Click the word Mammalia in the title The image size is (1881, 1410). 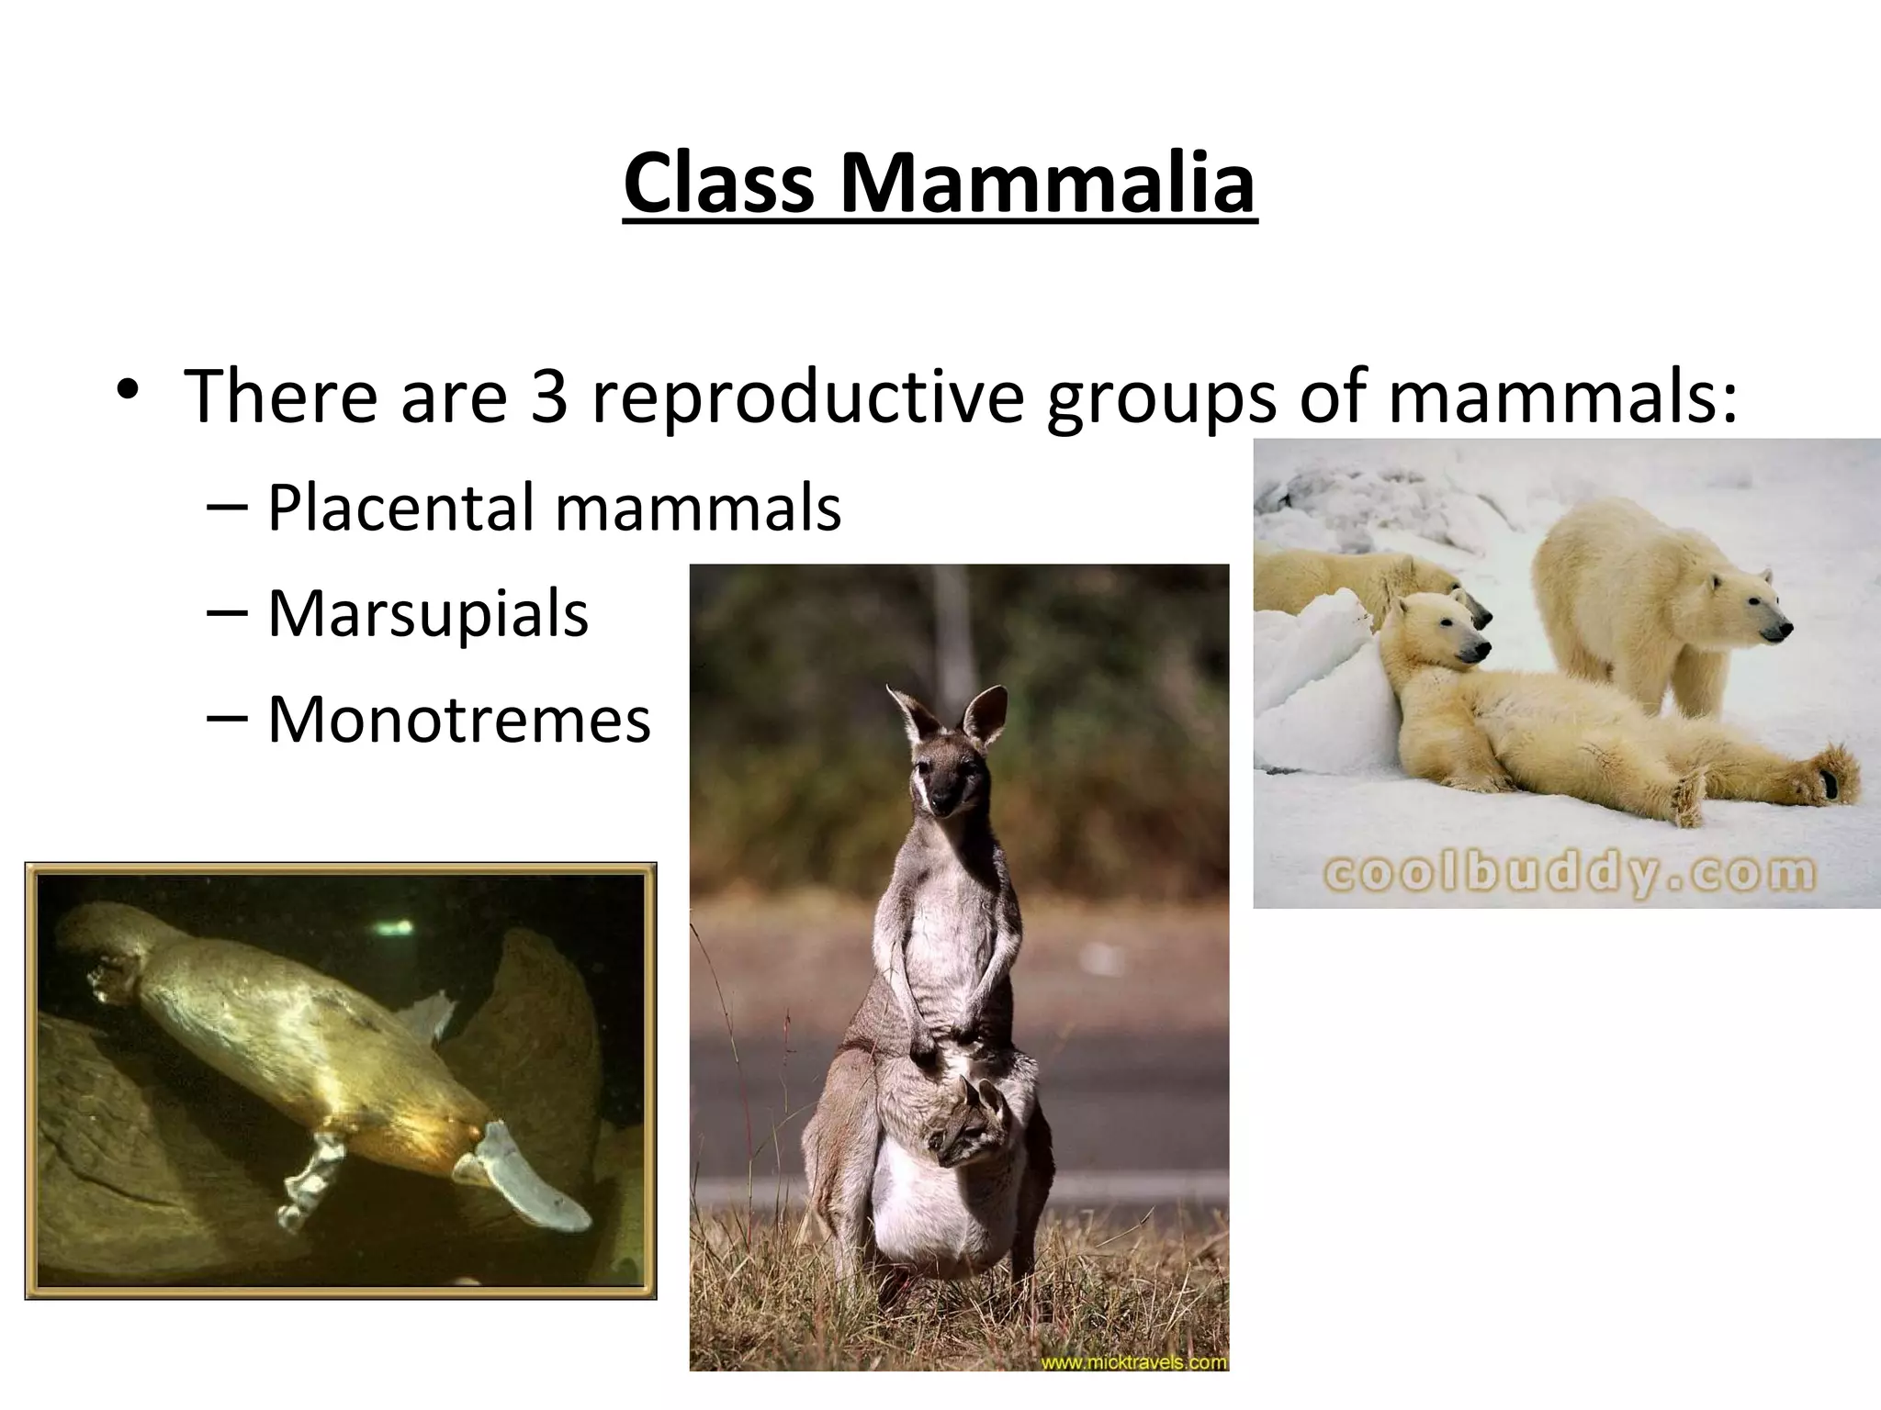1046,183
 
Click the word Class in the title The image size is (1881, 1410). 719,183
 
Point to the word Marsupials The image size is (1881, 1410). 427,612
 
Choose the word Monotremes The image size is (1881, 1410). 458,719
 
